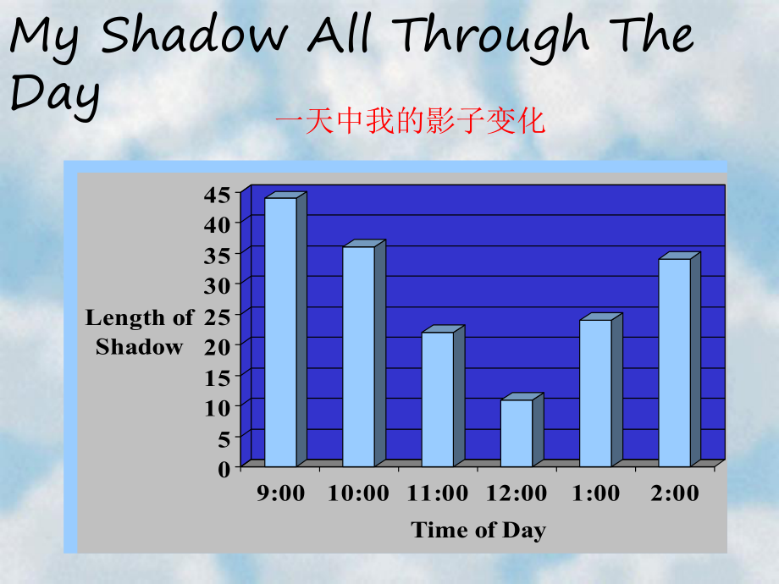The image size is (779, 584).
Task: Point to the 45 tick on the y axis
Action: (217, 195)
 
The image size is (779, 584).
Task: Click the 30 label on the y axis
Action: (217, 286)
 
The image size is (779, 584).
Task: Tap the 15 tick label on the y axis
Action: (217, 378)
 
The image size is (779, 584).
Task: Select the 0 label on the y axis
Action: (224, 469)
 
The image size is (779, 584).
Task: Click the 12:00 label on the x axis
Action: (517, 493)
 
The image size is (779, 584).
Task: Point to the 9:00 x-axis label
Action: (281, 493)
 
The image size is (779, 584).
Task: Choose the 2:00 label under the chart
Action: (675, 493)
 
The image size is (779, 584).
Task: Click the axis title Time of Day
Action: (478, 531)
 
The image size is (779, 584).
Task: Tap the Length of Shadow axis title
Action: (140, 332)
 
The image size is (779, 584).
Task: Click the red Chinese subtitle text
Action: (411, 121)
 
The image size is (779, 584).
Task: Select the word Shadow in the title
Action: (194, 35)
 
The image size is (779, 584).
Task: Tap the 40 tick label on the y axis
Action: (217, 225)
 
